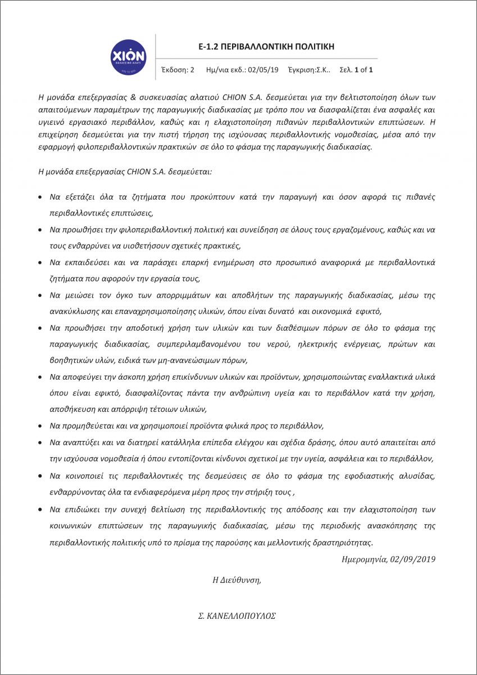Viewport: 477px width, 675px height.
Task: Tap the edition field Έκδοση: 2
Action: click(178, 70)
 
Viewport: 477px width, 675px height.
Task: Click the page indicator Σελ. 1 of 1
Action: click(356, 70)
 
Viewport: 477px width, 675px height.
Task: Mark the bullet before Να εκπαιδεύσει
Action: click(39, 263)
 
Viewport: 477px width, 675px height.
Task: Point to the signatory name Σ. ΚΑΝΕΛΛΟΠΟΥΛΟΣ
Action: click(234, 615)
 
